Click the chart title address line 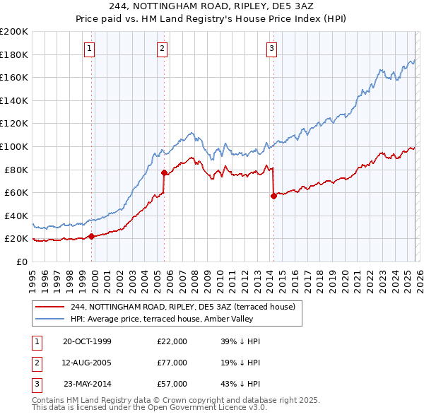pos(213,6)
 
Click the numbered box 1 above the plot pos(91,48)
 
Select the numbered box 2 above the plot pos(163,48)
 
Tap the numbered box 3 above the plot pos(272,48)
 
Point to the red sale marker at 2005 pos(164,172)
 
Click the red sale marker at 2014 pos(273,196)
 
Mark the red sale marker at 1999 pos(91,237)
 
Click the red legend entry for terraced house pos(187,307)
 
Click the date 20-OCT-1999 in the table pos(87,341)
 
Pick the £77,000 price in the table pos(172,363)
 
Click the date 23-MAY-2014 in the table pos(87,384)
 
